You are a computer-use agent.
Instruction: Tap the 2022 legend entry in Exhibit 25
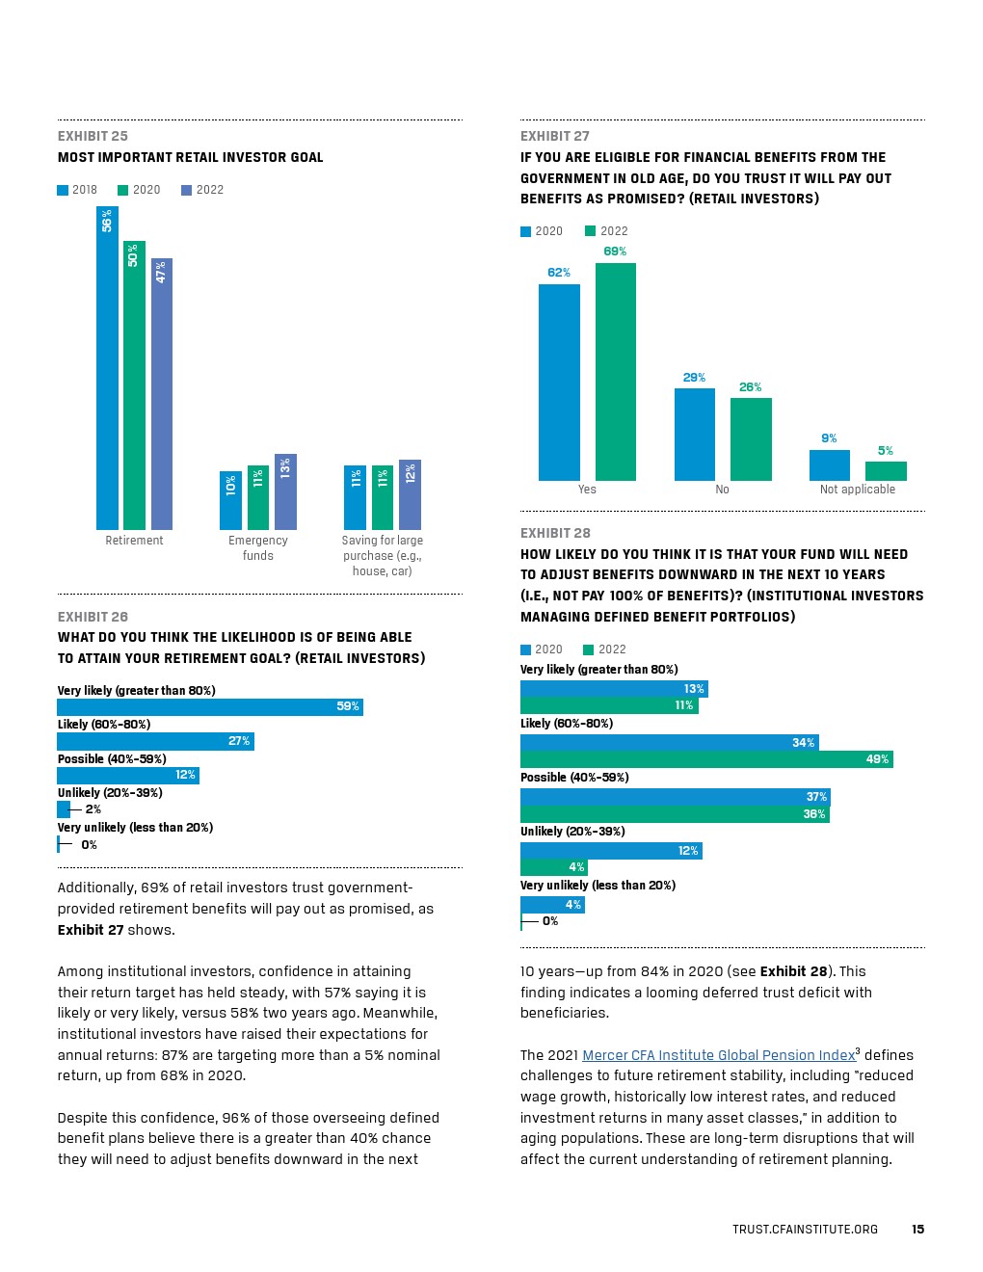tap(202, 190)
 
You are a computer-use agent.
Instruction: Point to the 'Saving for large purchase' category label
tap(382, 555)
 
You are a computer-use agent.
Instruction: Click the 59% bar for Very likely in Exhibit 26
tap(210, 707)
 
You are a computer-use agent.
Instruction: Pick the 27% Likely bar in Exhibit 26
tap(155, 741)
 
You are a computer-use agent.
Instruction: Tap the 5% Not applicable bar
tap(886, 471)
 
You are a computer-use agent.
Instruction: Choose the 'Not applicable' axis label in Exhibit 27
tap(857, 490)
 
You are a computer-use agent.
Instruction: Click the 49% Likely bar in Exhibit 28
tap(706, 759)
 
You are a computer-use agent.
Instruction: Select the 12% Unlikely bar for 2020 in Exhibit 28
tap(611, 851)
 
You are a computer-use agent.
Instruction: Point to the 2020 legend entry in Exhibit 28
tap(542, 649)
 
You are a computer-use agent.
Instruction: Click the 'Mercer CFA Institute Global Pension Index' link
tap(718, 1055)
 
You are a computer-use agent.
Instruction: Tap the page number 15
tap(917, 1229)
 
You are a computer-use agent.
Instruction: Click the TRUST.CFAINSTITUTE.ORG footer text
tap(805, 1229)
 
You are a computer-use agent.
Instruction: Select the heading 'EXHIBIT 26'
tap(93, 617)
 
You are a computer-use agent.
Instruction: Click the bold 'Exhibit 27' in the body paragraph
tap(91, 930)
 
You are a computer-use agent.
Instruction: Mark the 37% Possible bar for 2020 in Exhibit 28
tap(675, 797)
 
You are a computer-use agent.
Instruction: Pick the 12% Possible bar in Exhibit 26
tap(128, 775)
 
